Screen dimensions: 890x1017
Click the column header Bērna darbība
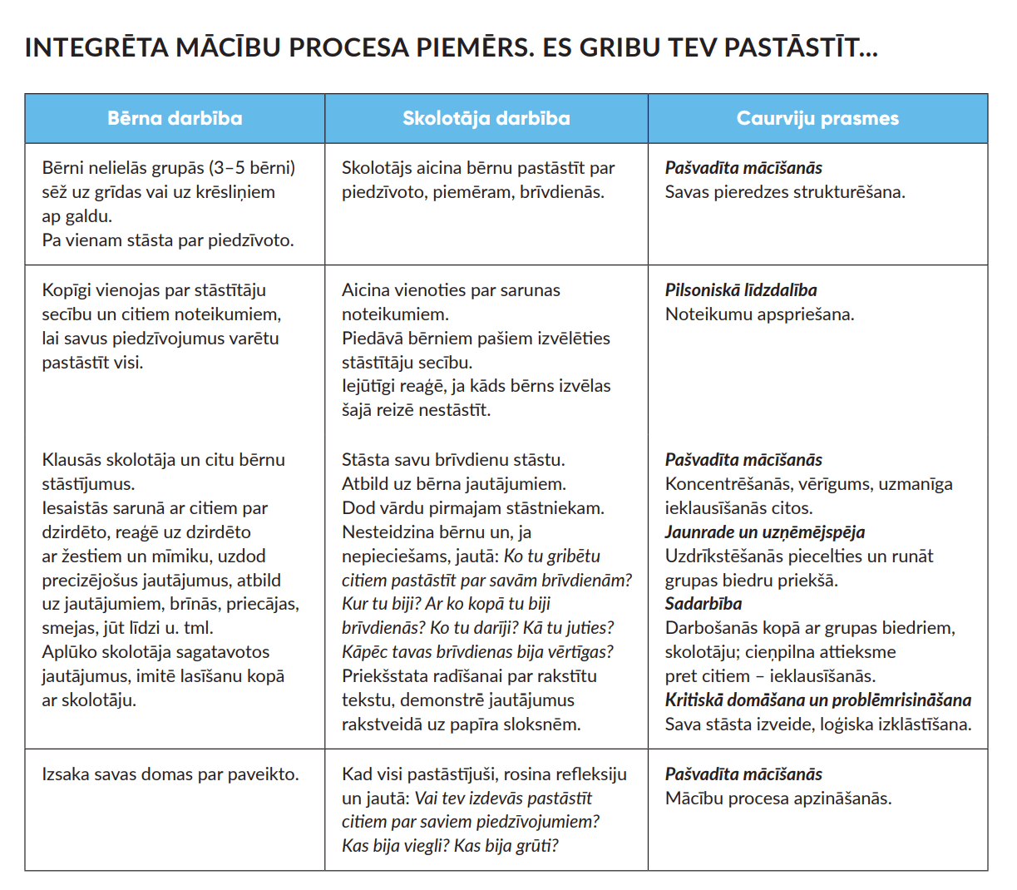coord(175,118)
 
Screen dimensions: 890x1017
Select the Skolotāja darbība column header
coord(486,118)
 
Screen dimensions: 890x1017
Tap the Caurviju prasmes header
coord(817,118)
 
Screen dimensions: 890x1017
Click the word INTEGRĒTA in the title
coord(96,47)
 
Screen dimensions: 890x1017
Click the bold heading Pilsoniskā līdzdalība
coord(741,290)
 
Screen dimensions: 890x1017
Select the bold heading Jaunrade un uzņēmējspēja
coord(765,532)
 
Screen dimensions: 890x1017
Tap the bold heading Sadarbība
coord(704,604)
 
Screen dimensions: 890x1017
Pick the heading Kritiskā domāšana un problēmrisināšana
coord(818,700)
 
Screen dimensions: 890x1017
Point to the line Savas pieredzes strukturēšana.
coord(785,192)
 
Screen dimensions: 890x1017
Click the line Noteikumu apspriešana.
coord(759,314)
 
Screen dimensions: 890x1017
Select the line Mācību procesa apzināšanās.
coord(778,799)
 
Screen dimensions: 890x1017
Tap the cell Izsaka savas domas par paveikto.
coord(170,774)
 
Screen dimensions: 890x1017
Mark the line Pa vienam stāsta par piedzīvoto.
coord(168,240)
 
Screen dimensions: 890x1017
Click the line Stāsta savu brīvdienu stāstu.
coord(453,460)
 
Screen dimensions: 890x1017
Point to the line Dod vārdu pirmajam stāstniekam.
coord(473,508)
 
